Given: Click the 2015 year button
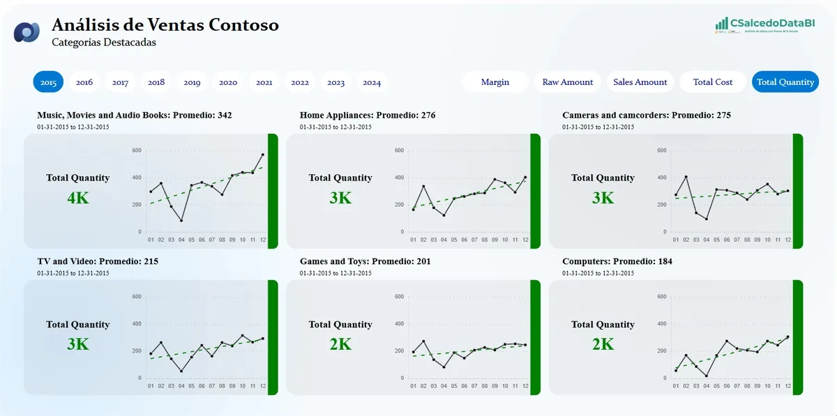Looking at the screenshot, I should pyautogui.click(x=48, y=82).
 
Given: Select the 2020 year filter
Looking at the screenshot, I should pyautogui.click(x=228, y=82).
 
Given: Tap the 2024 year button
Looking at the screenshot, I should pyautogui.click(x=372, y=82).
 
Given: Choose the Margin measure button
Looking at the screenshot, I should pyautogui.click(x=495, y=82).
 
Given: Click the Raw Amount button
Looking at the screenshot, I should pyautogui.click(x=568, y=82).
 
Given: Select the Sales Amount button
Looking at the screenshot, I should pyautogui.click(x=640, y=82).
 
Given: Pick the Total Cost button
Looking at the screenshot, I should pyautogui.click(x=713, y=82).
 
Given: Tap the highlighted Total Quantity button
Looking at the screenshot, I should pyautogui.click(x=785, y=82).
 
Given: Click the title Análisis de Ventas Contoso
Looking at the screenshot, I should pyautogui.click(x=165, y=25).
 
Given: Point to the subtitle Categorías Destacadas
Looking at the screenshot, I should pyautogui.click(x=104, y=43).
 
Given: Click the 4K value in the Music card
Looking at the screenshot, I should pyautogui.click(x=78, y=199).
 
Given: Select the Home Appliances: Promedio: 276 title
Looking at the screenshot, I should pyautogui.click(x=368, y=115).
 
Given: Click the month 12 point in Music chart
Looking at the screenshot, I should pyautogui.click(x=263, y=155).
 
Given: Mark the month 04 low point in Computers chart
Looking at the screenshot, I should pyautogui.click(x=707, y=376).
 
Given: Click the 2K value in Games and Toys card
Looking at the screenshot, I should pyautogui.click(x=340, y=344).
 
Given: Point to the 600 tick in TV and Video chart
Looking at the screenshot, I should pyautogui.click(x=136, y=297).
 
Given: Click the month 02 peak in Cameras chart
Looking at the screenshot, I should pyautogui.click(x=686, y=177).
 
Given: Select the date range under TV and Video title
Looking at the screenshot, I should pyautogui.click(x=73, y=273).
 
